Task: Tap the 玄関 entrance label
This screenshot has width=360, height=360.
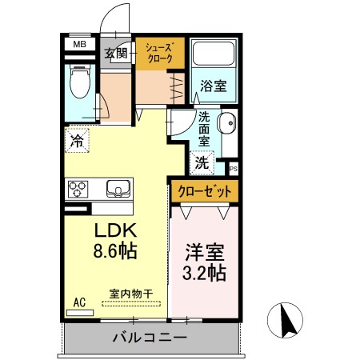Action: tap(116, 54)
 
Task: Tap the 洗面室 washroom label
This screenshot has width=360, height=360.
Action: tap(204, 127)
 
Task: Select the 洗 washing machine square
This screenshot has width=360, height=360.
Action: tap(202, 162)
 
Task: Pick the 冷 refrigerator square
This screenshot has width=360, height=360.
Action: tap(78, 142)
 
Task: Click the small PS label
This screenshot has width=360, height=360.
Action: tap(234, 169)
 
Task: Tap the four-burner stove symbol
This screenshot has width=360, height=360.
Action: tap(78, 190)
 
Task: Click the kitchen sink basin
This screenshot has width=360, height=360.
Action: tap(119, 190)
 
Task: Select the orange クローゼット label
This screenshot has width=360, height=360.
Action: tap(204, 191)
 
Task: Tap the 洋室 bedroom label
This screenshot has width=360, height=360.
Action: tap(205, 250)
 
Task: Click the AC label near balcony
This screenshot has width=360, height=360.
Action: tap(79, 302)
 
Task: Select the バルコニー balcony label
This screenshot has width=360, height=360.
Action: tap(150, 338)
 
